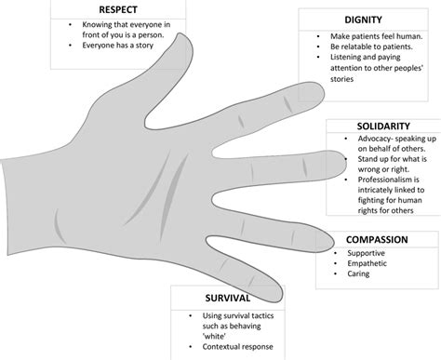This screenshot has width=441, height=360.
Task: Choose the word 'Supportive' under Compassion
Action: pos(366,253)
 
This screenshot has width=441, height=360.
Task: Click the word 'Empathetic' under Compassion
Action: pos(367,264)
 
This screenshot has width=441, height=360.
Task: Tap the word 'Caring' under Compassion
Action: pos(359,275)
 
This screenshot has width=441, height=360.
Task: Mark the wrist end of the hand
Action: pos(7,199)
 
